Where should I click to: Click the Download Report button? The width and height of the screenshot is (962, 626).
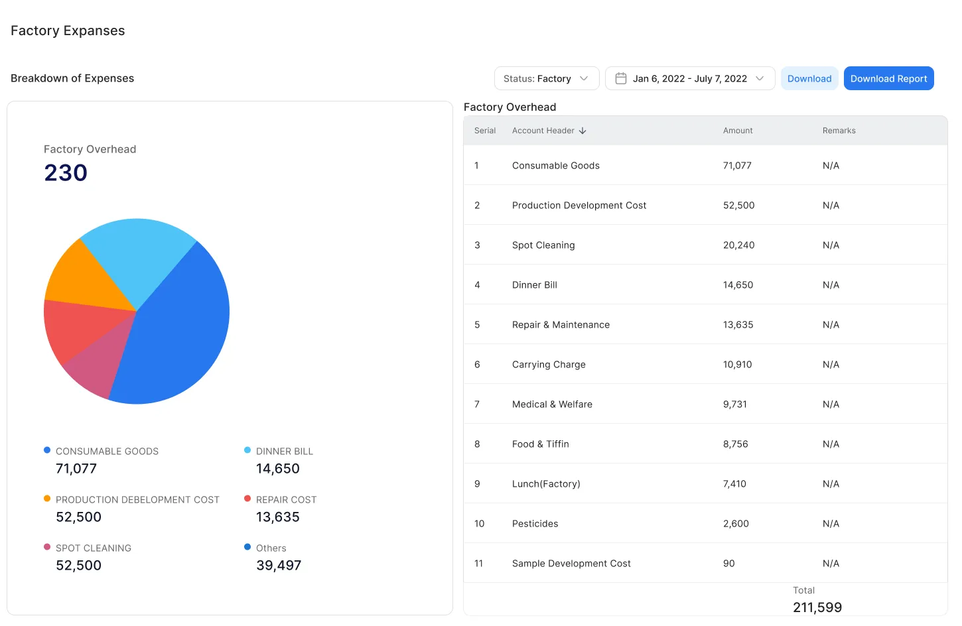click(x=888, y=78)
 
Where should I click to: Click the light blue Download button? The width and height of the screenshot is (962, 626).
click(x=809, y=78)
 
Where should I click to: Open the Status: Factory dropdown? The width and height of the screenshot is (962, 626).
click(x=546, y=78)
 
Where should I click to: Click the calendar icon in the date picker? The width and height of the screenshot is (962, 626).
click(x=621, y=78)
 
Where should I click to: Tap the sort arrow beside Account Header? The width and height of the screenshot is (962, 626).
click(x=583, y=131)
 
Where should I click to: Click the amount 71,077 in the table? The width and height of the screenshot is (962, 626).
click(x=737, y=165)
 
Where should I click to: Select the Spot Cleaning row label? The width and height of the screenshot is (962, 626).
click(x=543, y=245)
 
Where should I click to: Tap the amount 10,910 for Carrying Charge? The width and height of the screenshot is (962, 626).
click(x=737, y=364)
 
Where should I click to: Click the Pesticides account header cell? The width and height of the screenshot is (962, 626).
click(x=535, y=523)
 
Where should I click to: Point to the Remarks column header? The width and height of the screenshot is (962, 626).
click(x=839, y=131)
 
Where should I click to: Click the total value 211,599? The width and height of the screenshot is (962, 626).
click(x=817, y=607)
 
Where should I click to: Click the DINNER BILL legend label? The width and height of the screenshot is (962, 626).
click(x=285, y=451)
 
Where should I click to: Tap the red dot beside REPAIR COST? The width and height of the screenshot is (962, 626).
click(x=247, y=499)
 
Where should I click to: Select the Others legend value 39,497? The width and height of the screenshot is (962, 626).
click(x=279, y=565)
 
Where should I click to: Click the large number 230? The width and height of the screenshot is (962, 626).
click(x=66, y=172)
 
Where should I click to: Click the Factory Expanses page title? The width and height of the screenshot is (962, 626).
click(x=68, y=31)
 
